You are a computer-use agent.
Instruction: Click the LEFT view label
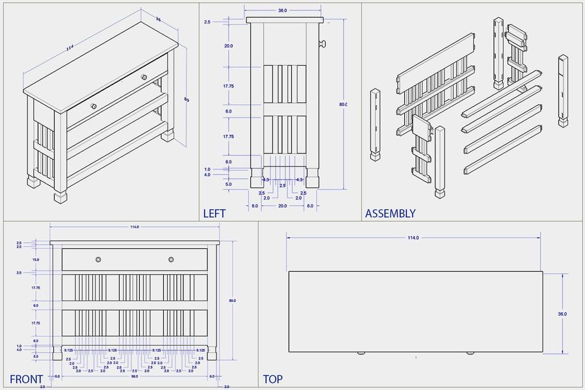pyautogui.click(x=214, y=213)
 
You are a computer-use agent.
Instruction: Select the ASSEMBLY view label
pyautogui.click(x=390, y=213)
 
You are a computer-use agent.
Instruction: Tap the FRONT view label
pyautogui.click(x=26, y=379)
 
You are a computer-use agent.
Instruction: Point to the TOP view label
pyautogui.click(x=273, y=379)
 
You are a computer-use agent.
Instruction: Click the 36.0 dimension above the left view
pyautogui.click(x=283, y=10)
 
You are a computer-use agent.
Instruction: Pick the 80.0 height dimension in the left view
pyautogui.click(x=343, y=104)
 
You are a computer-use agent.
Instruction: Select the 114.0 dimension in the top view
pyautogui.click(x=413, y=238)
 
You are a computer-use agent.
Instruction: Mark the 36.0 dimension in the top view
pyautogui.click(x=562, y=313)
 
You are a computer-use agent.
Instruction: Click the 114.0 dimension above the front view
pyautogui.click(x=134, y=227)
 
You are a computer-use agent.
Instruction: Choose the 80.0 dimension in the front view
pyautogui.click(x=232, y=300)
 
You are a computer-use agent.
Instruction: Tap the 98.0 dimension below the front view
pyautogui.click(x=135, y=376)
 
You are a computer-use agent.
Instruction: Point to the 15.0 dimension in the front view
pyautogui.click(x=36, y=259)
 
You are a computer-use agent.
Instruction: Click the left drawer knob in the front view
pyautogui.click(x=98, y=259)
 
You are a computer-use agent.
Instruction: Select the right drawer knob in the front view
pyautogui.click(x=171, y=259)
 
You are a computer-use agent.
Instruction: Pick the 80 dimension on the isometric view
pyautogui.click(x=186, y=99)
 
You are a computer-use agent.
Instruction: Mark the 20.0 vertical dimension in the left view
pyautogui.click(x=228, y=46)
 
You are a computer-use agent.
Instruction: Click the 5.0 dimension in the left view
pyautogui.click(x=228, y=184)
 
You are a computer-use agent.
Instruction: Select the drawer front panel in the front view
pyautogui.click(x=135, y=259)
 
